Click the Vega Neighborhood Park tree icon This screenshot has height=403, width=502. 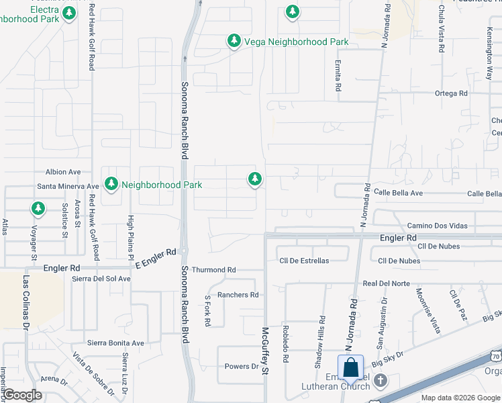coord(234,42)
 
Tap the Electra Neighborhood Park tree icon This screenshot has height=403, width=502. coord(68,14)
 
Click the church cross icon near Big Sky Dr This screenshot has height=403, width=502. coord(380,381)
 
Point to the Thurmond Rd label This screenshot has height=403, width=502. coord(214,270)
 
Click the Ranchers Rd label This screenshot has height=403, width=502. coord(238,295)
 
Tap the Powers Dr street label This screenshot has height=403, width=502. coord(241,367)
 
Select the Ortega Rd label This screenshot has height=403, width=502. coord(450,93)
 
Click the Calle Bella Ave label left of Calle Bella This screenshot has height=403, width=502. coord(399,193)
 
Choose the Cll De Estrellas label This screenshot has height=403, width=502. coord(304,261)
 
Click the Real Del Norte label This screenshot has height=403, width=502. coord(386,283)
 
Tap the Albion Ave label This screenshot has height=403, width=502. coord(63,172)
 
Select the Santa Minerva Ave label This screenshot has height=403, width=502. coord(68,186)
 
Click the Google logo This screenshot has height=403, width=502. coord(23,395)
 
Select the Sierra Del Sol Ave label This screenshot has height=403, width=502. coord(101,279)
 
